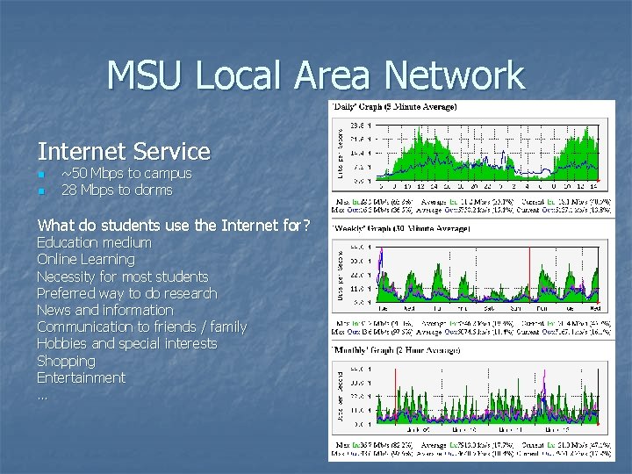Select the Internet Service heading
click(x=124, y=152)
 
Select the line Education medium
click(x=94, y=242)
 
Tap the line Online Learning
click(x=86, y=259)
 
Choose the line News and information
click(x=105, y=310)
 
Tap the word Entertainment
click(x=81, y=377)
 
